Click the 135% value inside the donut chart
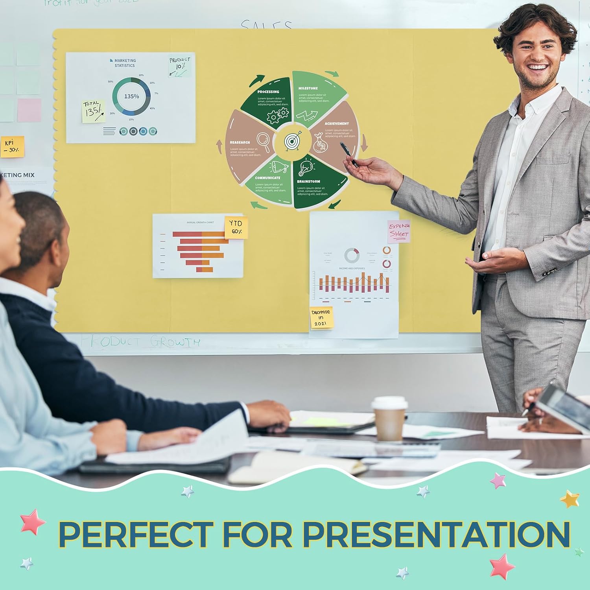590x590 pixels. point(131,96)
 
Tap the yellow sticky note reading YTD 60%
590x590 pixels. point(236,227)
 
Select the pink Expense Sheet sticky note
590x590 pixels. point(399,231)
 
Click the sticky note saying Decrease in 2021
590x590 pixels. point(321,317)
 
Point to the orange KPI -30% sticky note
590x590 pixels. point(12,146)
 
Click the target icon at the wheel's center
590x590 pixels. point(291,141)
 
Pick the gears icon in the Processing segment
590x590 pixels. point(278,116)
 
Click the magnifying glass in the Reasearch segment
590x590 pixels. point(264,142)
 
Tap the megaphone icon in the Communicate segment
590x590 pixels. point(280,167)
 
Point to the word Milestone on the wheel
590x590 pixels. point(308,88)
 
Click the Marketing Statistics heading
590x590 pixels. point(125,63)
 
